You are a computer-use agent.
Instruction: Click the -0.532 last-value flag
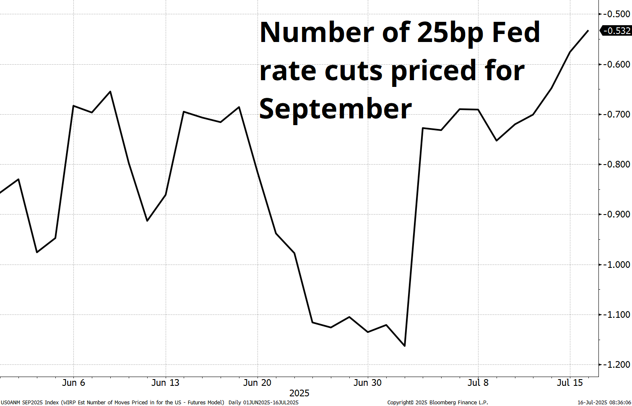tap(616, 31)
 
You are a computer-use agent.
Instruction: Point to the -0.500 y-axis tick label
tap(616, 14)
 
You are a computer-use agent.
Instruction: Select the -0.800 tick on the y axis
tap(616, 164)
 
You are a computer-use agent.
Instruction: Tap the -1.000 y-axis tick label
tap(616, 265)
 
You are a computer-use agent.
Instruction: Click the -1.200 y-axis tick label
tap(616, 364)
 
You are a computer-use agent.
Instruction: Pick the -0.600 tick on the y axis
tap(616, 64)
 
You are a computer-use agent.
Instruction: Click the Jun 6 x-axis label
tap(73, 382)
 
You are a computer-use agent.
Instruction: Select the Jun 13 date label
tap(165, 382)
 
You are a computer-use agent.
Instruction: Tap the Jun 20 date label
tap(257, 382)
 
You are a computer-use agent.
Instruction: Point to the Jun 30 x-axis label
tap(367, 382)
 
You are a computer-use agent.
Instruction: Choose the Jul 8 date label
tap(478, 382)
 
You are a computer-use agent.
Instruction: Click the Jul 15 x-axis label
tap(570, 382)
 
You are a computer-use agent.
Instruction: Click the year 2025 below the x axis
tap(299, 393)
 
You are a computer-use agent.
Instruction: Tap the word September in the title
tap(336, 108)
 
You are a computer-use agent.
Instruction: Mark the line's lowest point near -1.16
tap(404, 346)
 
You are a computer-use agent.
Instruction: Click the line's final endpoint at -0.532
tap(588, 30)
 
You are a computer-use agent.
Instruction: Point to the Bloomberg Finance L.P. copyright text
tap(437, 402)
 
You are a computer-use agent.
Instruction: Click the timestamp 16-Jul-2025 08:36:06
tap(604, 402)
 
